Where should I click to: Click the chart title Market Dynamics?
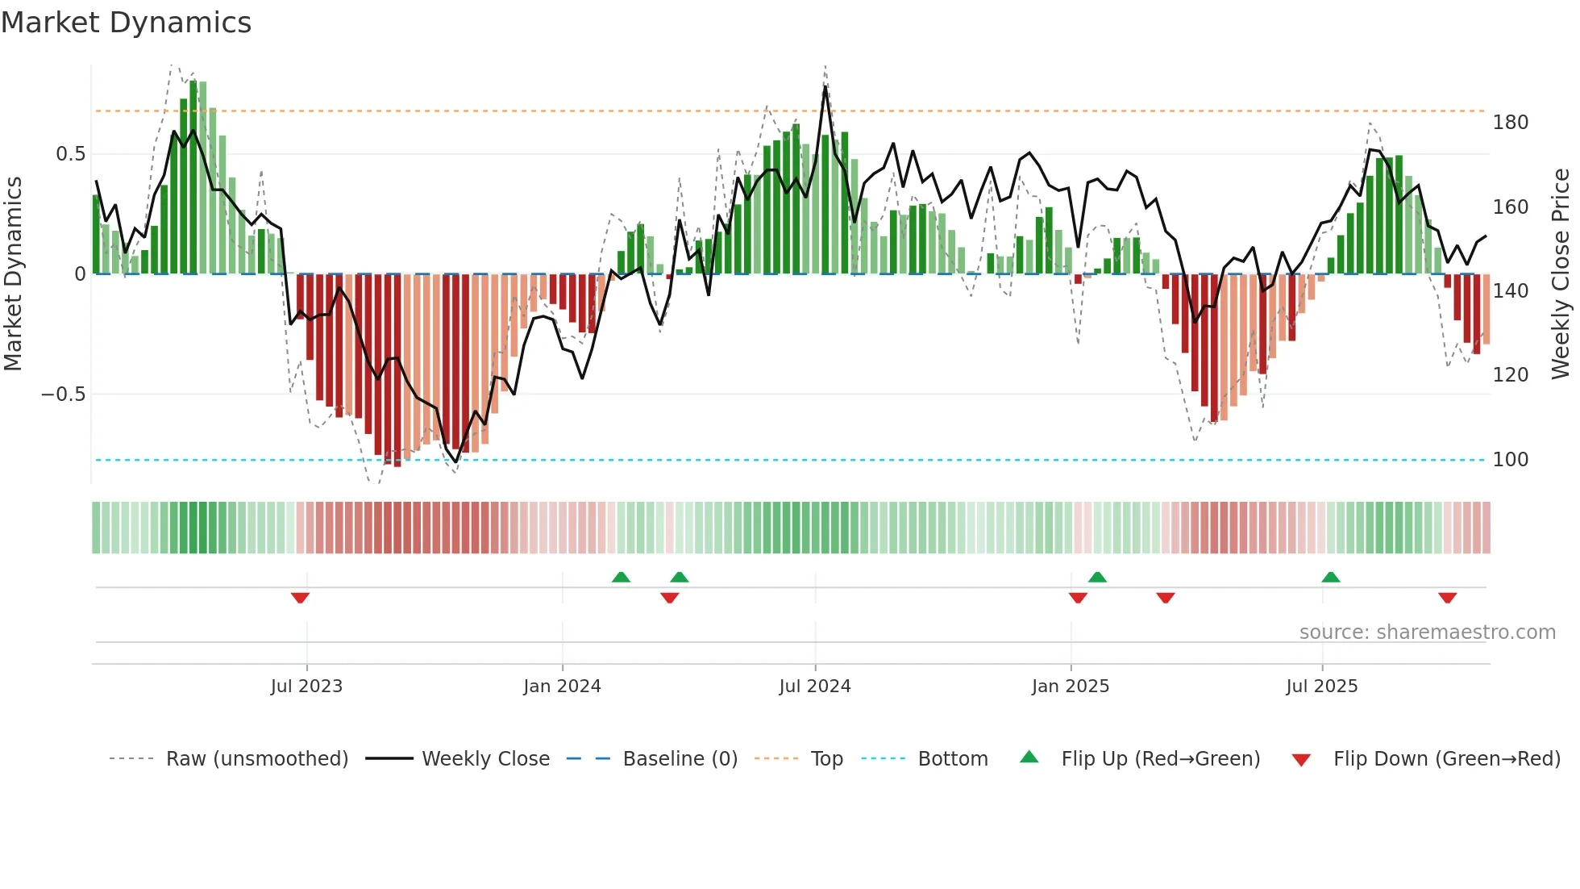point(126,23)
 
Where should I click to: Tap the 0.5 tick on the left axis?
point(70,154)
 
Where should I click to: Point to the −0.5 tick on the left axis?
point(63,394)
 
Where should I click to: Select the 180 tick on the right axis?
point(1510,123)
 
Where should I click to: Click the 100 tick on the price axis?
point(1510,460)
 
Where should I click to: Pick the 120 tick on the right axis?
point(1510,375)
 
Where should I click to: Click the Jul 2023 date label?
point(306,687)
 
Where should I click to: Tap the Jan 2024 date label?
point(562,687)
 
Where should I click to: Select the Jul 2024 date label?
point(814,687)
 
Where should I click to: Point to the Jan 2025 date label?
point(1070,687)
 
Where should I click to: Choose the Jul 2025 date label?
point(1321,687)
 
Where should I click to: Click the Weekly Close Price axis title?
point(1561,274)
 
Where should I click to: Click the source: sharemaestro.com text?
point(1427,632)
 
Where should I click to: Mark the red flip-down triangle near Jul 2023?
point(300,598)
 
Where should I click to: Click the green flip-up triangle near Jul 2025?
point(1331,577)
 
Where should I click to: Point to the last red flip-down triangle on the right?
point(1447,598)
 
